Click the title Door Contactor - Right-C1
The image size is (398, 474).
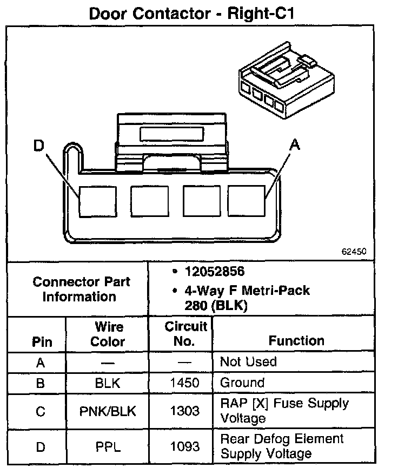(x=199, y=13)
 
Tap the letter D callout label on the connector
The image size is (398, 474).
(x=38, y=146)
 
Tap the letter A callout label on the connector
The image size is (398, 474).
(x=295, y=144)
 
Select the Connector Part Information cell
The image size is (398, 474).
(x=81, y=289)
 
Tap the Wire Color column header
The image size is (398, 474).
(x=108, y=334)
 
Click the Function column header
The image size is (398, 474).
(x=296, y=340)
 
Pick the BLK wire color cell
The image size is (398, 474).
(x=108, y=384)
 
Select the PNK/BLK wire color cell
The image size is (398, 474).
(x=108, y=411)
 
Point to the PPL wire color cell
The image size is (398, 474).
(x=108, y=446)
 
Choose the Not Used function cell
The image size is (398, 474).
(x=248, y=361)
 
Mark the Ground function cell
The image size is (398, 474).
(x=242, y=383)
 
